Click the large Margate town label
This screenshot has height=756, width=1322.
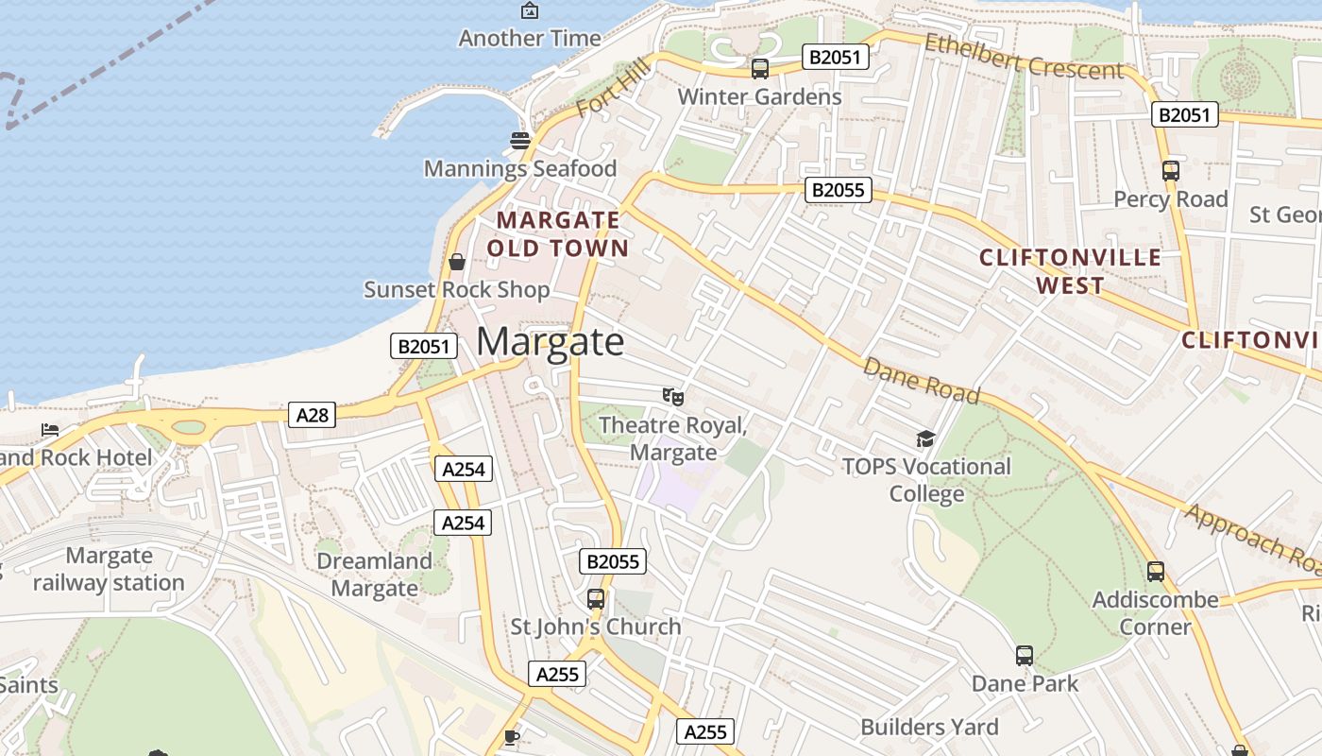pyautogui.click(x=550, y=341)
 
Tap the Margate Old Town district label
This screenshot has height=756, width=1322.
pyautogui.click(x=558, y=234)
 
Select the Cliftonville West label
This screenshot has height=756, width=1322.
pyautogui.click(x=1070, y=271)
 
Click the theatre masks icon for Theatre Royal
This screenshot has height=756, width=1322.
pyautogui.click(x=672, y=397)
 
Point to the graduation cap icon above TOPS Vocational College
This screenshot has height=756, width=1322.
pyautogui.click(x=925, y=438)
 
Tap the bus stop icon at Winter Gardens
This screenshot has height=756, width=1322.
pyautogui.click(x=759, y=69)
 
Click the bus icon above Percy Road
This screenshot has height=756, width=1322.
pyautogui.click(x=1170, y=171)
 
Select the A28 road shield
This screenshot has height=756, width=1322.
pyautogui.click(x=312, y=415)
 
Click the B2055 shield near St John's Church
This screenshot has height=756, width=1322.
pyautogui.click(x=613, y=561)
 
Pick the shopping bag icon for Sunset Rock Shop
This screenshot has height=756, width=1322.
pyautogui.click(x=457, y=262)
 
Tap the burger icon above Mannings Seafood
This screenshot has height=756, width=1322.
pyautogui.click(x=520, y=141)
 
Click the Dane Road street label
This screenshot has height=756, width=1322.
pyautogui.click(x=922, y=380)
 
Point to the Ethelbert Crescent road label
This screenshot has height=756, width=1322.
pyautogui.click(x=1024, y=58)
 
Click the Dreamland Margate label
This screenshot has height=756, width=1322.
pyautogui.click(x=374, y=575)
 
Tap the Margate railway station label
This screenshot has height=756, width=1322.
pyautogui.click(x=109, y=569)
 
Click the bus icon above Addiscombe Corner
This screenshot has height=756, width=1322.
pyautogui.click(x=1155, y=572)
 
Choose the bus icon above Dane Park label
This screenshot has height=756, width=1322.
pyautogui.click(x=1025, y=656)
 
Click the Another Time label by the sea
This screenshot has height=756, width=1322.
pyautogui.click(x=530, y=39)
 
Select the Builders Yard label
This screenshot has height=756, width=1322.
pyautogui.click(x=929, y=727)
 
